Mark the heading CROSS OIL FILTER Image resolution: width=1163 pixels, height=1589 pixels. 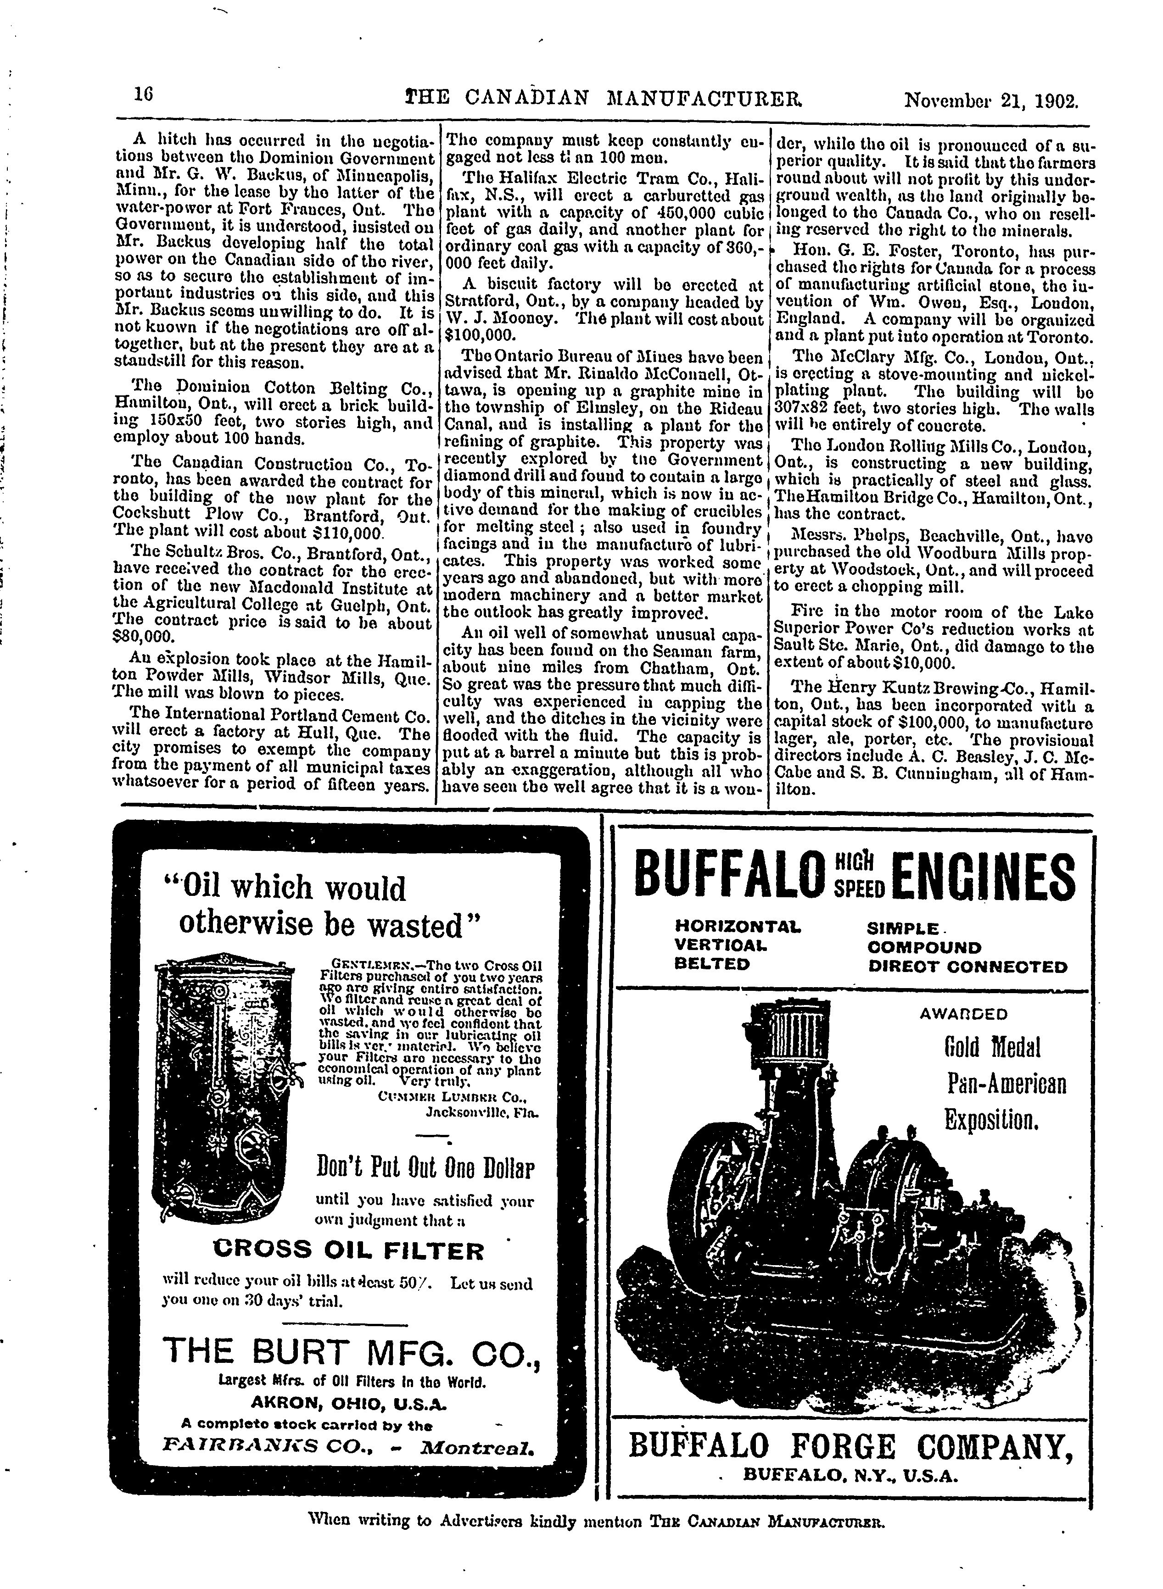348,1250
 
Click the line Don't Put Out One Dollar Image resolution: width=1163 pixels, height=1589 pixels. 426,1169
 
